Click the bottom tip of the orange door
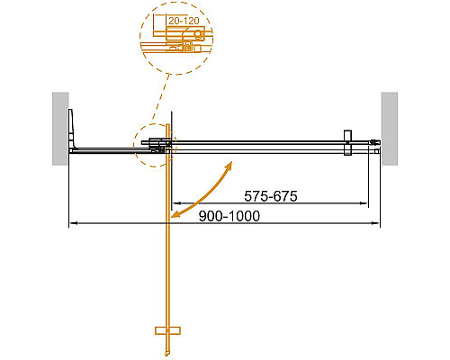click(166, 354)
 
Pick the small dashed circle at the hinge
click(153, 144)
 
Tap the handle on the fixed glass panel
click(346, 144)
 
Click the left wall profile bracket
click(75, 130)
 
